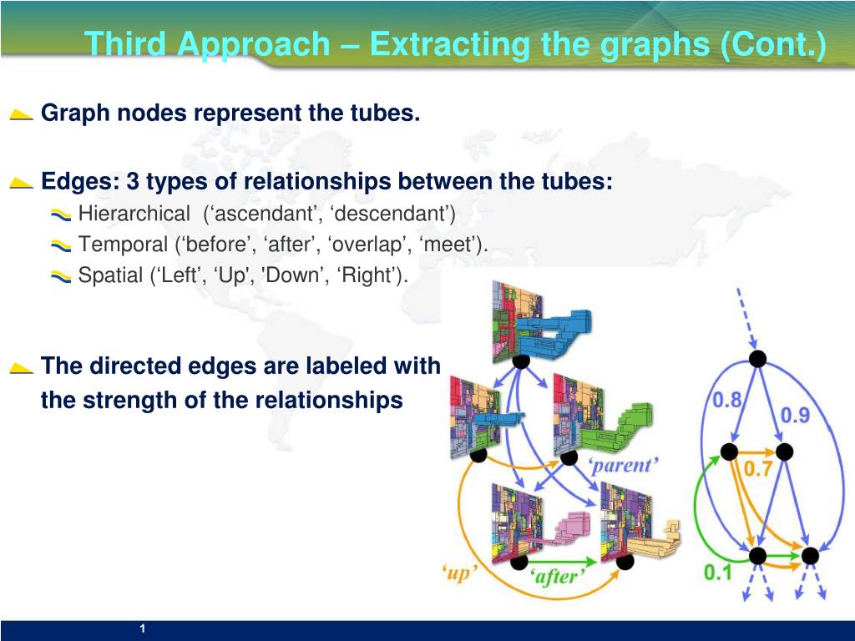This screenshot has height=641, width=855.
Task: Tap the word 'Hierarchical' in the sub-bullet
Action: point(134,215)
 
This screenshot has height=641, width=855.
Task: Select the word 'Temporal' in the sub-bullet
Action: point(123,245)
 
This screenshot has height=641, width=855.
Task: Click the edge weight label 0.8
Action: point(726,400)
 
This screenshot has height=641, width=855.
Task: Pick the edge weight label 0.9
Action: point(795,415)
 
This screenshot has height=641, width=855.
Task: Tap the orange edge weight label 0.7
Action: point(757,469)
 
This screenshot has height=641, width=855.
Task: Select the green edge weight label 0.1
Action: point(717,573)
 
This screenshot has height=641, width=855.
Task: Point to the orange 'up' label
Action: point(459,573)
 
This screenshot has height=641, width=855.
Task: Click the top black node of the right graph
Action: point(756,359)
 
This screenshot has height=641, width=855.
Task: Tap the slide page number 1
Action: point(143,628)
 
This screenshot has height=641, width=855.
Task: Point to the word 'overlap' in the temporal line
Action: point(363,245)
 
